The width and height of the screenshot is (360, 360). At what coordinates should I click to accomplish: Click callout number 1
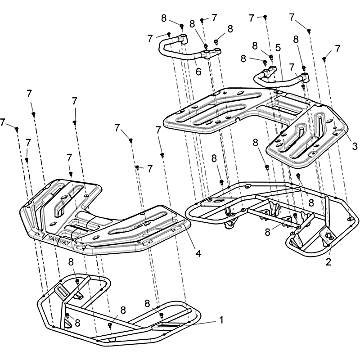click(221, 320)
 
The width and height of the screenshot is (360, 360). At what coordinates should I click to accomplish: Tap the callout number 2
click(328, 262)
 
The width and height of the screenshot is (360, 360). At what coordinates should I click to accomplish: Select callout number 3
click(355, 146)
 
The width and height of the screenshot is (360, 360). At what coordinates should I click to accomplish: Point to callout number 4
click(198, 253)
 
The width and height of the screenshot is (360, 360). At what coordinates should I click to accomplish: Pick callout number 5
click(278, 48)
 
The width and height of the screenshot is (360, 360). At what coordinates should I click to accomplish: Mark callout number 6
click(198, 72)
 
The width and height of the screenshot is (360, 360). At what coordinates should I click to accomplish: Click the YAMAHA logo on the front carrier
click(60, 240)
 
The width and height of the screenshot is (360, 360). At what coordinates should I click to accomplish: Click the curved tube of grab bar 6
click(175, 55)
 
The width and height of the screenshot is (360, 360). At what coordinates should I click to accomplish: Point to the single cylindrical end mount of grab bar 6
click(184, 39)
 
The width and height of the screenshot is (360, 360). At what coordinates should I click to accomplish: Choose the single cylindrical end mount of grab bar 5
click(305, 77)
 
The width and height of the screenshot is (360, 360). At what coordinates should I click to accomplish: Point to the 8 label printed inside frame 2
click(311, 203)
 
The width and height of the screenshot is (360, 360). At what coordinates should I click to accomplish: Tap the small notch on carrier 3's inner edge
click(238, 119)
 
